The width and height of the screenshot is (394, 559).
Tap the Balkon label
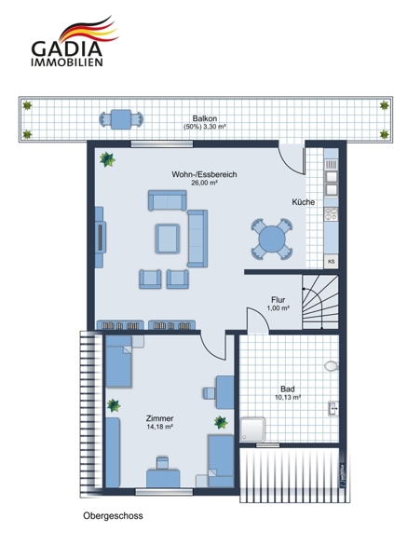pos(205,118)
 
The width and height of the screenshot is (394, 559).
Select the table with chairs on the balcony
pos(121,119)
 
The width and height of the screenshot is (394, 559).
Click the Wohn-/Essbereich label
pos(204,174)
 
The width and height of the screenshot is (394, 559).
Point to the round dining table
pos(272,239)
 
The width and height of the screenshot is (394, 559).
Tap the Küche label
pos(303,202)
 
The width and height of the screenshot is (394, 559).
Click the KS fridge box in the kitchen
pos(331,261)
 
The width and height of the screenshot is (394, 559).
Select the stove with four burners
pos(331,214)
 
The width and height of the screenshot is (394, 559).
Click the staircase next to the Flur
pos(319,302)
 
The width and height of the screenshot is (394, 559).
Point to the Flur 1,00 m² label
pos(278,304)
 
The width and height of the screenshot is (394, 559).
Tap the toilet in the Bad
pos(332,366)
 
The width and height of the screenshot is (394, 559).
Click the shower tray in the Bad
pos(252,429)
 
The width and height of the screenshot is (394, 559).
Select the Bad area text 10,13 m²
pos(288,397)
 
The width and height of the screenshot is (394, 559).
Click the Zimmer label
pos(159,418)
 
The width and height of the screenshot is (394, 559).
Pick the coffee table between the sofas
pos(168,239)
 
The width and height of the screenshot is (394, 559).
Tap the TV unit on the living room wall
pos(100,237)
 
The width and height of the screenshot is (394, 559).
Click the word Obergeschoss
pos(113,515)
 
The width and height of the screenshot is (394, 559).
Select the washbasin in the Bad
pos(333,409)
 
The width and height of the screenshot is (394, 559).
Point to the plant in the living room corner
pos(107,159)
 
